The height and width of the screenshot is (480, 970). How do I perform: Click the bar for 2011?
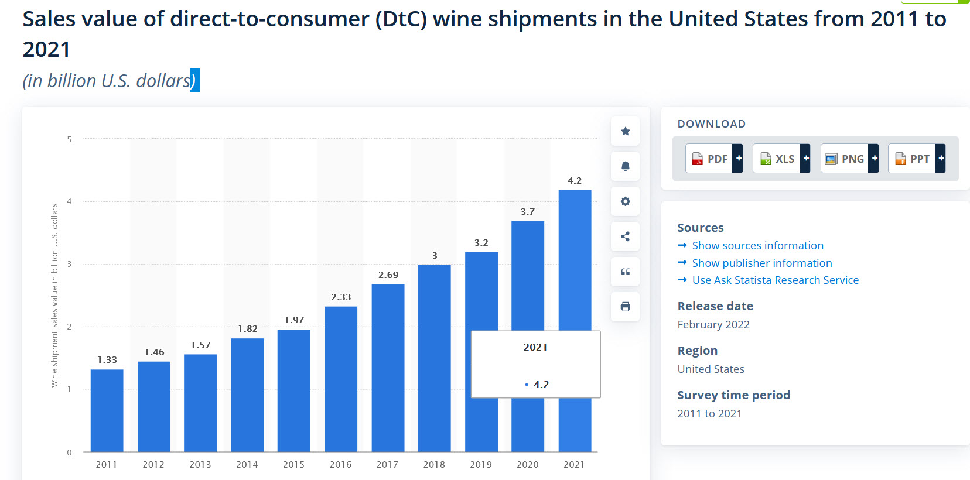pyautogui.click(x=107, y=410)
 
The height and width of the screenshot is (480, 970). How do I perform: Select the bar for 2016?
pyautogui.click(x=341, y=379)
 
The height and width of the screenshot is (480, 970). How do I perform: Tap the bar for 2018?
pyautogui.click(x=434, y=358)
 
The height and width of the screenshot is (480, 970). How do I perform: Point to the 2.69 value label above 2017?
pyautogui.click(x=388, y=275)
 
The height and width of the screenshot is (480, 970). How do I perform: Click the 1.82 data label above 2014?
pyautogui.click(x=248, y=329)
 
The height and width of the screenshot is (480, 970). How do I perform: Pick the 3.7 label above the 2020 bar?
pyautogui.click(x=528, y=212)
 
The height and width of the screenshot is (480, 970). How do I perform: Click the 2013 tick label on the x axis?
pyautogui.click(x=200, y=464)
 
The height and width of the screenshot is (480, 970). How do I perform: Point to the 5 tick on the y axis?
pyautogui.click(x=69, y=139)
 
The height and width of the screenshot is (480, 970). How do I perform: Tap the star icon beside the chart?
pyautogui.click(x=626, y=131)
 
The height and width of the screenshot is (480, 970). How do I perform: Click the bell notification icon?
pyautogui.click(x=626, y=166)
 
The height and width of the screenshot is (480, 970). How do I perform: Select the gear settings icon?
pyautogui.click(x=626, y=201)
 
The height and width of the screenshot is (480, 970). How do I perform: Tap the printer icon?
pyautogui.click(x=626, y=307)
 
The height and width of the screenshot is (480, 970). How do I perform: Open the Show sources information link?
pyautogui.click(x=757, y=246)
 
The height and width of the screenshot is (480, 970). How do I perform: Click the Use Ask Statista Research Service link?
pyautogui.click(x=775, y=280)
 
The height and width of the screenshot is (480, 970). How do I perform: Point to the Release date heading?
pyautogui.click(x=715, y=306)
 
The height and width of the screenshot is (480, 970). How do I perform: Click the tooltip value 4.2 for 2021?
pyautogui.click(x=541, y=385)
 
